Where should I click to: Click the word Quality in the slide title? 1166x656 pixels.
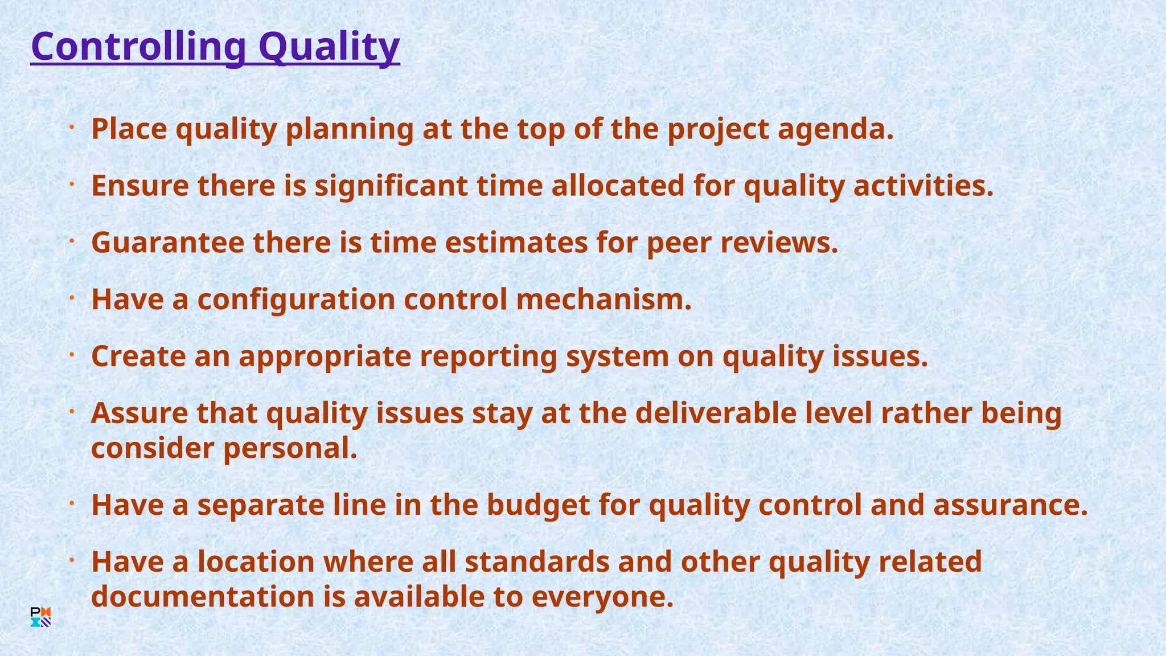(x=329, y=47)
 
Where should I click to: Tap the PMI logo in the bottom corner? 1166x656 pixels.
(x=40, y=617)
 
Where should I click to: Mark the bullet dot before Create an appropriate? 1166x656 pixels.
(x=72, y=355)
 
